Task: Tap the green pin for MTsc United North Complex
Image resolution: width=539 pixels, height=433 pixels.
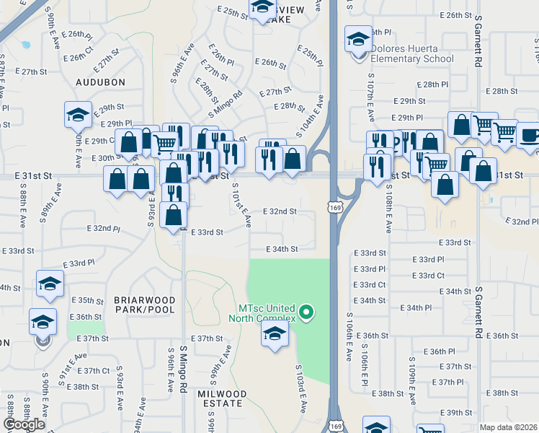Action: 307,312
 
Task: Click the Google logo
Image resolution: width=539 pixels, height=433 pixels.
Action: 24,424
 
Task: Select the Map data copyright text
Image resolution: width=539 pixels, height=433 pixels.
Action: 508,427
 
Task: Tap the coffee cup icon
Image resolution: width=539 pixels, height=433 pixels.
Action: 530,135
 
